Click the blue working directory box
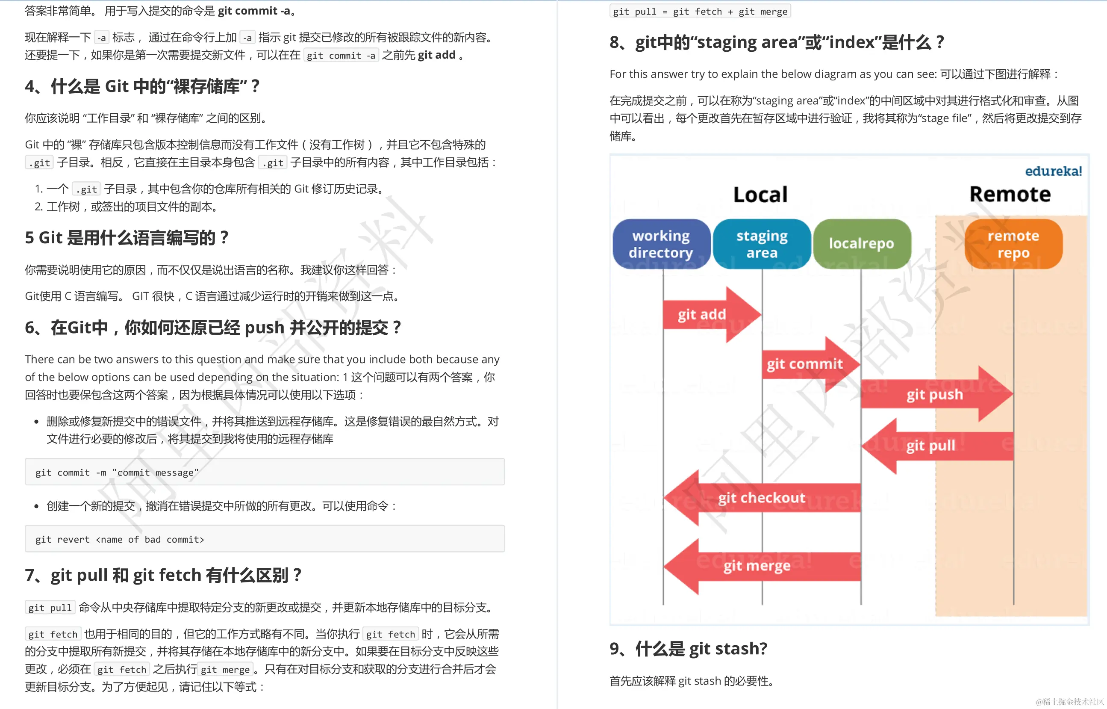pyautogui.click(x=661, y=244)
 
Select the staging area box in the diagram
pyautogui.click(x=762, y=244)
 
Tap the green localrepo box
pyautogui.click(x=861, y=244)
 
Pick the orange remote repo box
pyautogui.click(x=1013, y=244)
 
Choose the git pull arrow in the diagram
pyautogui.click(x=934, y=446)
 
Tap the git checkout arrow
pyautogui.click(x=762, y=498)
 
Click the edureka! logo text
pyautogui.click(x=1053, y=171)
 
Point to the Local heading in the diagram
pyautogui.click(x=760, y=194)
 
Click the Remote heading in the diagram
pyautogui.click(x=1010, y=194)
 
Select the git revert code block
pyautogui.click(x=265, y=539)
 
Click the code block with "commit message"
pyautogui.click(x=265, y=472)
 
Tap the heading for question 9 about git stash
pyautogui.click(x=688, y=649)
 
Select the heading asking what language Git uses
pyautogui.click(x=127, y=238)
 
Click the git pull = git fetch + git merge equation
pyautogui.click(x=700, y=12)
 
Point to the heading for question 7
pyautogui.click(x=163, y=575)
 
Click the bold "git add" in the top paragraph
pyautogui.click(x=436, y=55)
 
